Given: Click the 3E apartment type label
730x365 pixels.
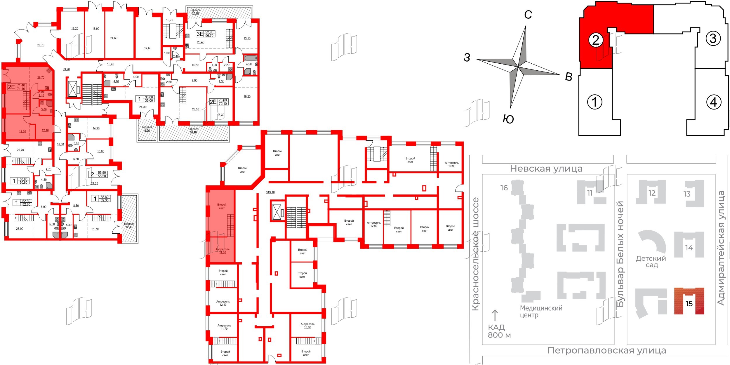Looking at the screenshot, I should point(200,34).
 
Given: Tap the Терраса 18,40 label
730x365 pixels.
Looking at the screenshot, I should point(193,131).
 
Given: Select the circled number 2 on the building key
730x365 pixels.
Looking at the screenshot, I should point(596,40).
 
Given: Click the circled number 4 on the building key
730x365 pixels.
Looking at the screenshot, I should point(713,102).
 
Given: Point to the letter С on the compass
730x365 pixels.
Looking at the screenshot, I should point(528,15).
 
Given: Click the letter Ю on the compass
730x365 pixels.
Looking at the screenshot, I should point(508,119).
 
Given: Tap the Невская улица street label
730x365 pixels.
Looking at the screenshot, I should point(546,169).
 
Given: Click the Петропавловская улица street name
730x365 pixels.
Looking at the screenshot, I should point(606,350).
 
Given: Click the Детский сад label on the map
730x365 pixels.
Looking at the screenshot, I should point(651,262).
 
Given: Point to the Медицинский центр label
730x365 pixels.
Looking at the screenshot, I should point(541,311).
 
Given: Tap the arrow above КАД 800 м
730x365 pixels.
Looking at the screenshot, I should point(495,316).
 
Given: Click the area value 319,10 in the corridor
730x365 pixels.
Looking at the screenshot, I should point(270,192).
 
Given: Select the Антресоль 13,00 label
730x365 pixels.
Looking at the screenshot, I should point(307,326).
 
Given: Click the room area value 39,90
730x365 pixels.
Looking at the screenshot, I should point(66,69).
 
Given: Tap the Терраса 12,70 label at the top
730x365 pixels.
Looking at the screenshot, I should point(195,12).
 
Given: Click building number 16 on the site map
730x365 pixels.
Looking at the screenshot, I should point(504,188).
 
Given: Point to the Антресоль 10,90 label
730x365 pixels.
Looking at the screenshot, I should point(451,164).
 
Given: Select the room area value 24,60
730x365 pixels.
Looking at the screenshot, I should point(114,38).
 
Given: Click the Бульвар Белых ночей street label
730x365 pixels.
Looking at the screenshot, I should point(620,254).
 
